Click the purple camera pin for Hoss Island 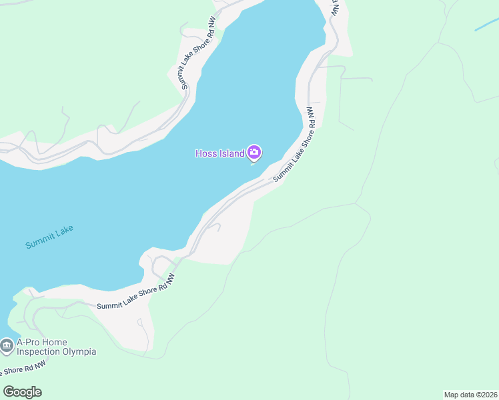[x=254, y=153]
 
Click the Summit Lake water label [x=49, y=237]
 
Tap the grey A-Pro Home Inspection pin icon [x=7, y=346]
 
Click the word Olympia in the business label [x=81, y=351]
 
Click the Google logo [x=22, y=392]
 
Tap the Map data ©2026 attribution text [x=470, y=395]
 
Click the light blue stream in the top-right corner [x=486, y=25]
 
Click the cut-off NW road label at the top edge [x=336, y=8]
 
